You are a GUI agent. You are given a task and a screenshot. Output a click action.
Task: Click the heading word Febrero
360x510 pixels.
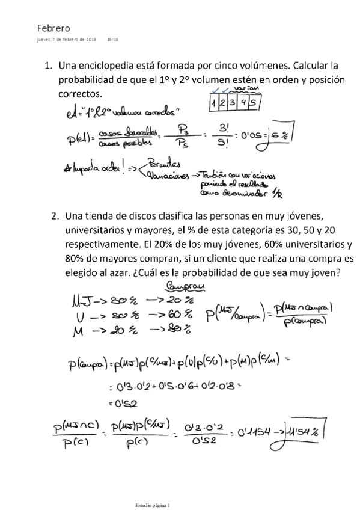(x=53, y=28)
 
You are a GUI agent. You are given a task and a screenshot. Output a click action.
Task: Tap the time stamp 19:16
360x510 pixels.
(x=112, y=40)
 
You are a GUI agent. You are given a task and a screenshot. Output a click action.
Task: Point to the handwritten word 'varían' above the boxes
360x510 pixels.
(x=245, y=88)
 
